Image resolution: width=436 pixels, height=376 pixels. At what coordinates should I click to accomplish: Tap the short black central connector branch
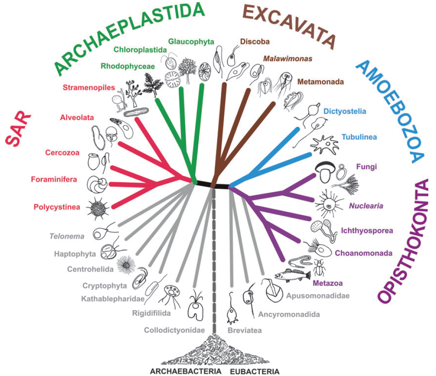click(x=213, y=185)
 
